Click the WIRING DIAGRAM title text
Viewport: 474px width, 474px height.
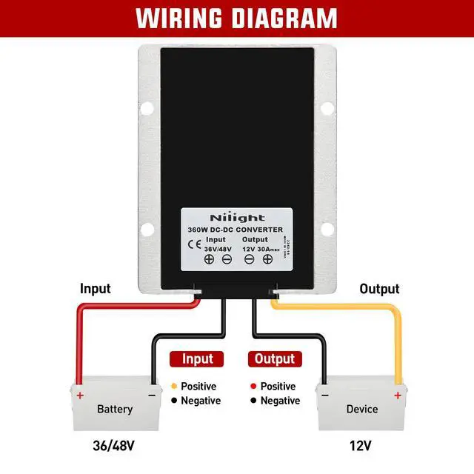pyautogui.click(x=236, y=18)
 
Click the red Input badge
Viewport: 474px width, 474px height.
pyautogui.click(x=197, y=359)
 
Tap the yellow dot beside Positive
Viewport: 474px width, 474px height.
pyautogui.click(x=173, y=387)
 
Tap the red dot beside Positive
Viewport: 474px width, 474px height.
pyautogui.click(x=253, y=387)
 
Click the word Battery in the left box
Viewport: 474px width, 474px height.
pyautogui.click(x=115, y=409)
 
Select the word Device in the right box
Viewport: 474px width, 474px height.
pyautogui.click(x=362, y=409)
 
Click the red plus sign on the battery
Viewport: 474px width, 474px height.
pyautogui.click(x=79, y=395)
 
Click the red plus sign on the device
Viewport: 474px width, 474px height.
pyautogui.click(x=398, y=395)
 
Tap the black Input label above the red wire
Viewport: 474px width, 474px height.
pyautogui.click(x=96, y=289)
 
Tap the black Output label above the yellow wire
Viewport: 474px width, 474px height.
pyautogui.click(x=379, y=289)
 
